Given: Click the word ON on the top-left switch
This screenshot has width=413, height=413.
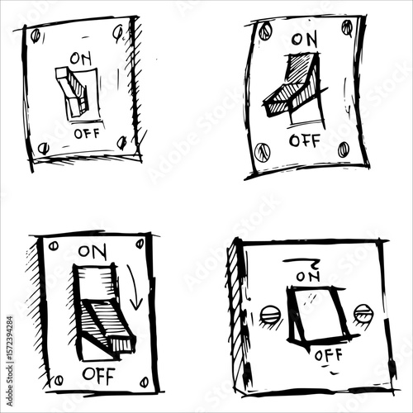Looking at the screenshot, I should (82, 59).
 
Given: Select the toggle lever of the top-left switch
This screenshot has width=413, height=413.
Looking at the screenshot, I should (73, 89).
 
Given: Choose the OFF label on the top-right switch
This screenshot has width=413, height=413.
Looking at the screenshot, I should (305, 140).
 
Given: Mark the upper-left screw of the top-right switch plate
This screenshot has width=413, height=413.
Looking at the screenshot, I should (264, 32).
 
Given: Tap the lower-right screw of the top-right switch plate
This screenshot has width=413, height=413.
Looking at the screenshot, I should (343, 149).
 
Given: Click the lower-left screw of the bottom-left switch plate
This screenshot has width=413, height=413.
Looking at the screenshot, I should (57, 381).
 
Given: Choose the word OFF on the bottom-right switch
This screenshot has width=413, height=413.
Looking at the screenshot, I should (327, 357).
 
